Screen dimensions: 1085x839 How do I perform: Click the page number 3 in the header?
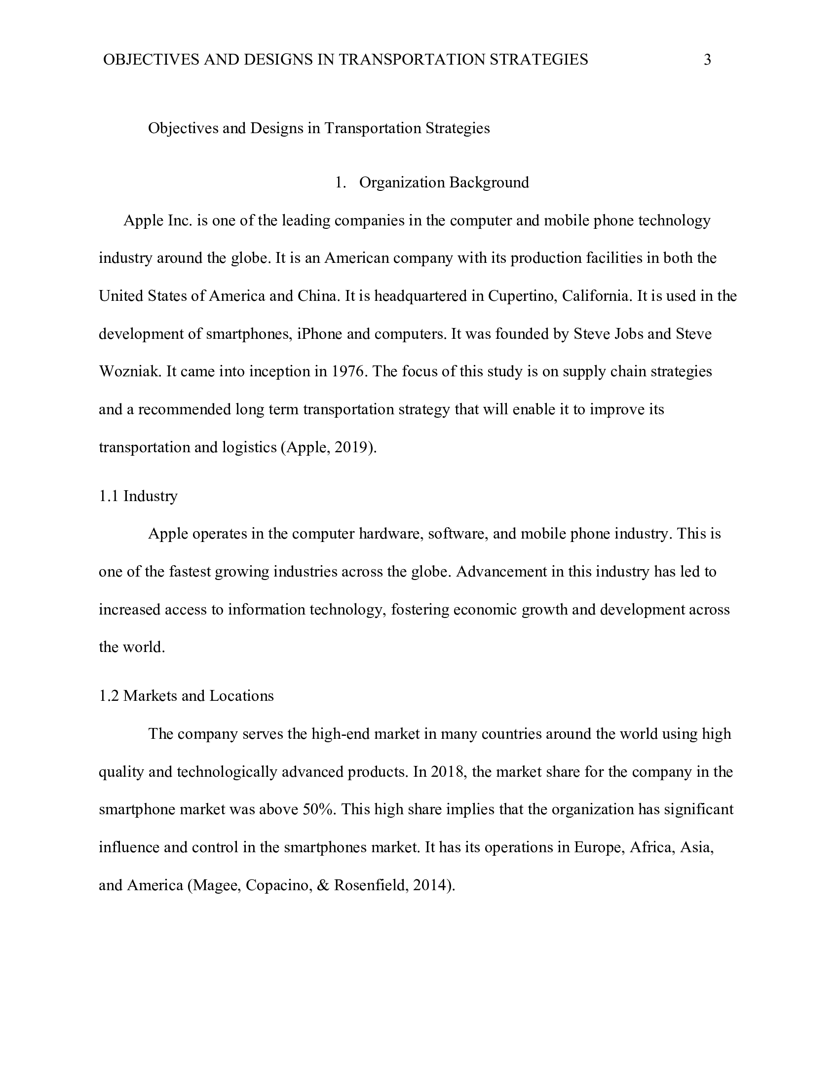coord(707,60)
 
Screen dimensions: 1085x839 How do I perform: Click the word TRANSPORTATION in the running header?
coord(412,60)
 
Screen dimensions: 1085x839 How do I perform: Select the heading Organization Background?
coord(444,183)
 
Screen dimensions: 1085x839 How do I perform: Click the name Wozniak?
coord(130,371)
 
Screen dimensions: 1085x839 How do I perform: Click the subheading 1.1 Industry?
coord(138,496)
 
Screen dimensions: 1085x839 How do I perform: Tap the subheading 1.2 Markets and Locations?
coord(187,695)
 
